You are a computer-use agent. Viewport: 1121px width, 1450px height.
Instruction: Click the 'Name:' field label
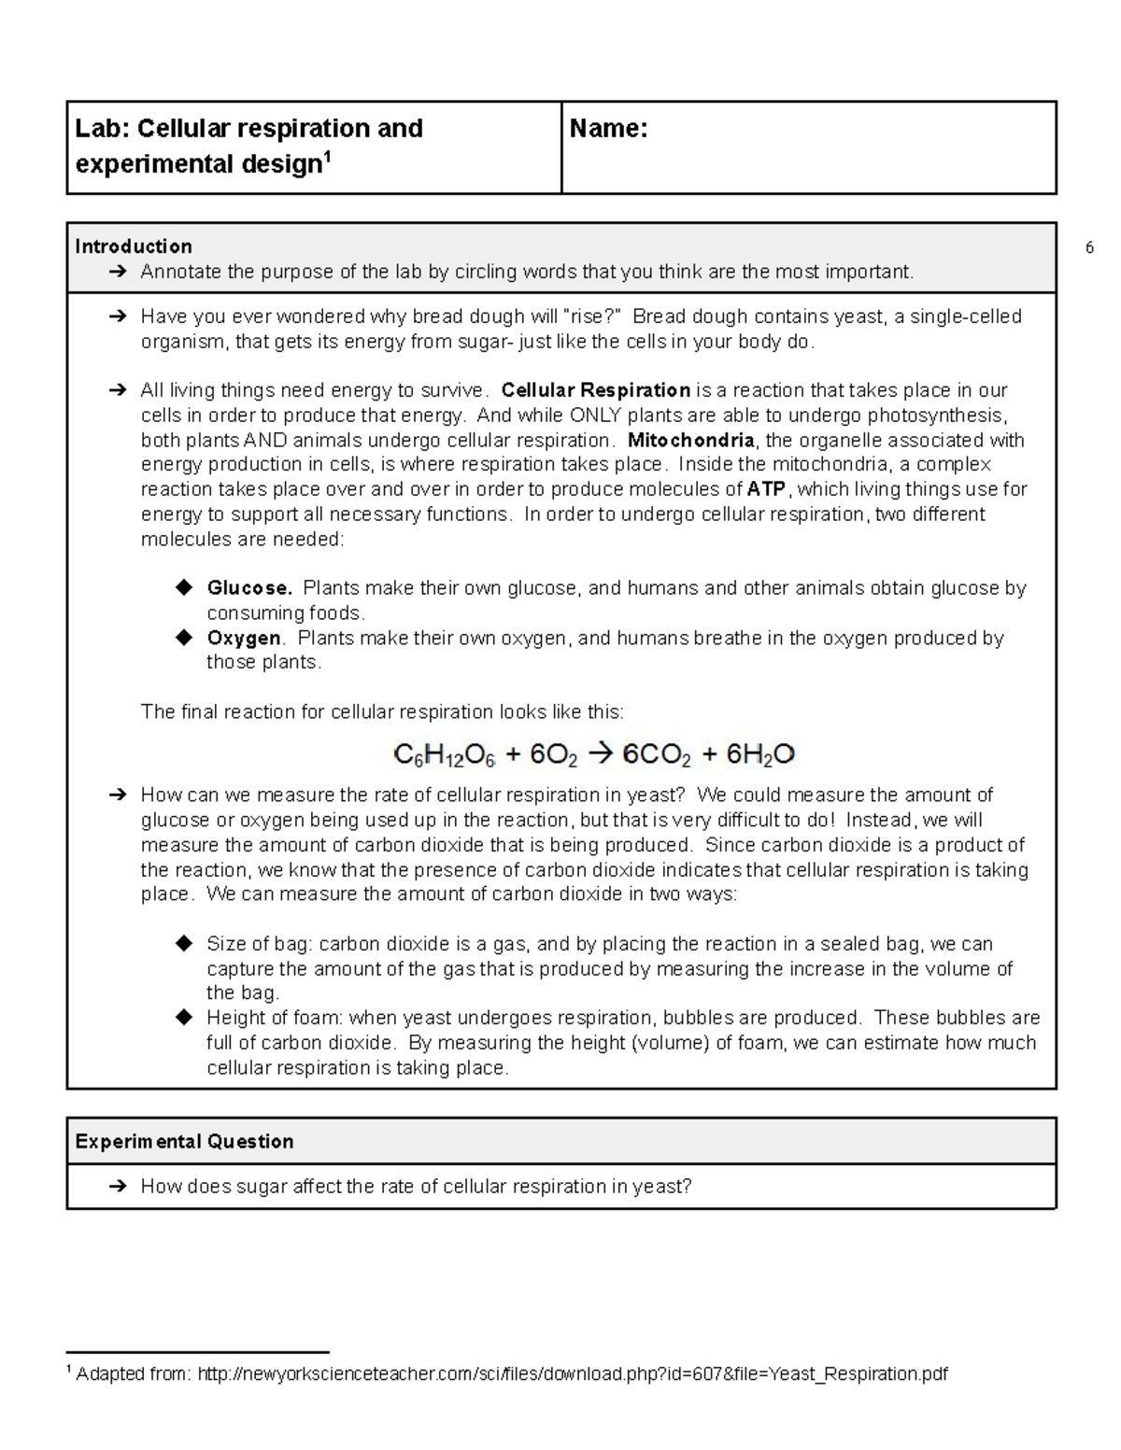pyautogui.click(x=608, y=129)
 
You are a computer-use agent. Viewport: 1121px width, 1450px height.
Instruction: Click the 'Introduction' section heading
pyautogui.click(x=134, y=246)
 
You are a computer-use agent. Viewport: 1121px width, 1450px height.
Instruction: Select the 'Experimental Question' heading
pyautogui.click(x=184, y=1141)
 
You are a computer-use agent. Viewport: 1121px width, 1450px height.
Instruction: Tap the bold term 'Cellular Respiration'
pyautogui.click(x=596, y=390)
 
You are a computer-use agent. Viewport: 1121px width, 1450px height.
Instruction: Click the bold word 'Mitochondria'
pyautogui.click(x=690, y=440)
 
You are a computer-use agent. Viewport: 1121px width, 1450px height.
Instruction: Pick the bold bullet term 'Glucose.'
pyautogui.click(x=249, y=588)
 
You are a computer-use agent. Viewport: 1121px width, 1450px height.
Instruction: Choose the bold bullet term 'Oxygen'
pyautogui.click(x=244, y=638)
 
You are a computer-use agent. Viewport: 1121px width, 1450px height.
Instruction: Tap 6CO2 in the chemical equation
pyautogui.click(x=657, y=755)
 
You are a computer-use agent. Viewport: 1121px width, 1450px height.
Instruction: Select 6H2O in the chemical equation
pyautogui.click(x=760, y=755)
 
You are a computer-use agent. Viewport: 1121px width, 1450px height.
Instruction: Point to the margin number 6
pyautogui.click(x=1089, y=248)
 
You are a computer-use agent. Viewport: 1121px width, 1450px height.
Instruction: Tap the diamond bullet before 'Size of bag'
pyautogui.click(x=183, y=943)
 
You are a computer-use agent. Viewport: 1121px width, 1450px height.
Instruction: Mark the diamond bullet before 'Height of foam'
pyautogui.click(x=183, y=1018)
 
